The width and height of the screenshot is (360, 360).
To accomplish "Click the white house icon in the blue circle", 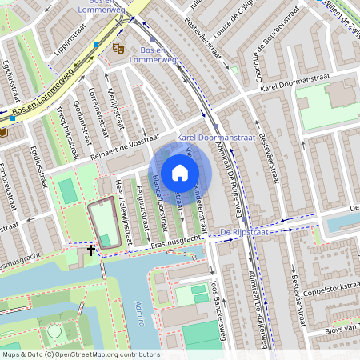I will point(180,171).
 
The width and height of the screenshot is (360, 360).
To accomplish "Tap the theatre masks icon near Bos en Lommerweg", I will point(119,49).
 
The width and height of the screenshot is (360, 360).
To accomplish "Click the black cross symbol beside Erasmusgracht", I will point(91,250).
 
